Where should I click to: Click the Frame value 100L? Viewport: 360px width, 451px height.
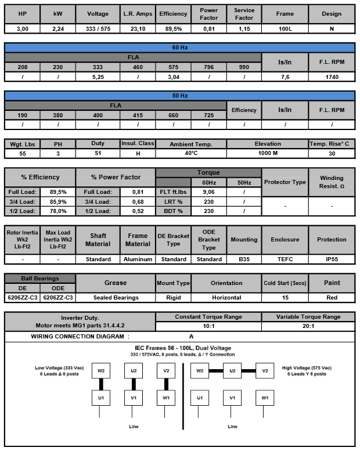tap(285, 28)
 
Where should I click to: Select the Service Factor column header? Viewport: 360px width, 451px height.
tap(244, 13)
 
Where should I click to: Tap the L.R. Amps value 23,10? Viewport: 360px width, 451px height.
tap(138, 28)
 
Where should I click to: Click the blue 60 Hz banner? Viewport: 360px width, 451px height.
tap(180, 48)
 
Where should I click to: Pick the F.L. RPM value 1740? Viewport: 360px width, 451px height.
tap(332, 76)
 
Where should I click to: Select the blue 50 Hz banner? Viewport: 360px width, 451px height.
tap(180, 95)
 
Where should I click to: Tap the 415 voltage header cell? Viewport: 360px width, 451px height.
tap(138, 115)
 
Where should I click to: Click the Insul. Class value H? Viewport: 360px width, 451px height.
tap(138, 153)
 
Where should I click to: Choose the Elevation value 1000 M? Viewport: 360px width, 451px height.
tap(267, 153)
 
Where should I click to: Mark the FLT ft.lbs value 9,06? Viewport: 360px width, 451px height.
tap(208, 191)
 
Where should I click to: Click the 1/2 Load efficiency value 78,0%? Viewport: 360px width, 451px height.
tap(58, 211)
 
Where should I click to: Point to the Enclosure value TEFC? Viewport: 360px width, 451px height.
tap(285, 259)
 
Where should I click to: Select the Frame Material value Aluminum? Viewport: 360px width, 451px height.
tap(138, 259)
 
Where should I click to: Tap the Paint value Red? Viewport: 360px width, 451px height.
tap(332, 297)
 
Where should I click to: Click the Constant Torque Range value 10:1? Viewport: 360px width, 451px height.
tap(208, 326)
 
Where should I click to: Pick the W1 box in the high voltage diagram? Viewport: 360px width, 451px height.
tap(265, 398)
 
